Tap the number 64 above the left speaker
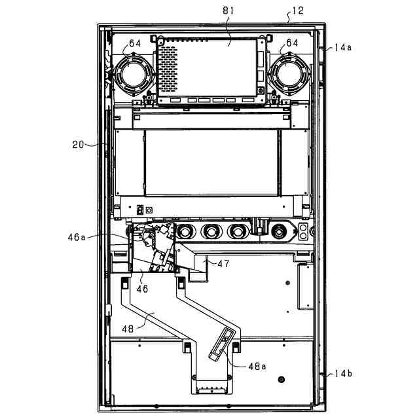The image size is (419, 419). [x=134, y=43]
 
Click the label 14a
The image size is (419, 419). [x=342, y=47]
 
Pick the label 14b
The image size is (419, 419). [x=342, y=373]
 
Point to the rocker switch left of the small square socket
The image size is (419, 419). [x=139, y=209]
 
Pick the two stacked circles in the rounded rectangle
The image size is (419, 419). [x=303, y=229]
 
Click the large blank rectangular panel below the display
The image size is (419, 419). [x=211, y=162]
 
